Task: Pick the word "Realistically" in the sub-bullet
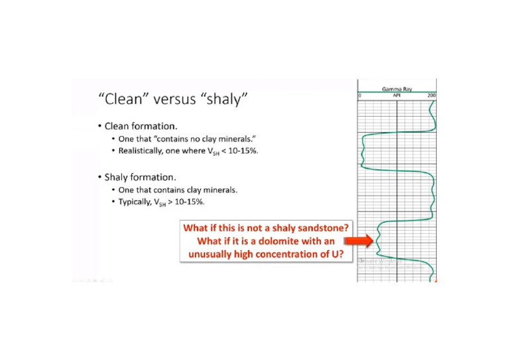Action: point(142,152)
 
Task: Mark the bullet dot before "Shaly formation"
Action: point(99,177)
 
